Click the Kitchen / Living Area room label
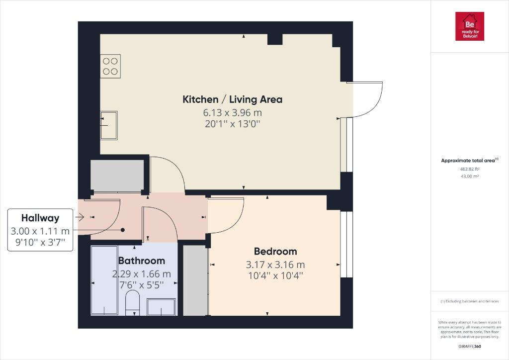tap(233, 99)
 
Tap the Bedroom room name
tap(275, 251)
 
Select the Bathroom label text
tap(142, 261)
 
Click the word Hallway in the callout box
tap(40, 218)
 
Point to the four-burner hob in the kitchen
tap(110, 66)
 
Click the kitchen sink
tap(109, 125)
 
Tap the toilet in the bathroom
tap(132, 303)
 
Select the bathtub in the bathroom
tap(104, 280)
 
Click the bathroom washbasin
tap(161, 307)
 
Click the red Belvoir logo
tap(469, 26)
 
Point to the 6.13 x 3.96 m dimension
tap(233, 113)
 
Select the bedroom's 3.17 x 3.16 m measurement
tap(275, 265)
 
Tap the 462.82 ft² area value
tap(470, 169)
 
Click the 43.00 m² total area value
tap(470, 177)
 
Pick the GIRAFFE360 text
tap(470, 347)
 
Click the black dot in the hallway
tap(123, 230)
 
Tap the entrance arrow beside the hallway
tap(80, 217)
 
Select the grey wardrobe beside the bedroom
tap(195, 280)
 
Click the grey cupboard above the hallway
tap(117, 176)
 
